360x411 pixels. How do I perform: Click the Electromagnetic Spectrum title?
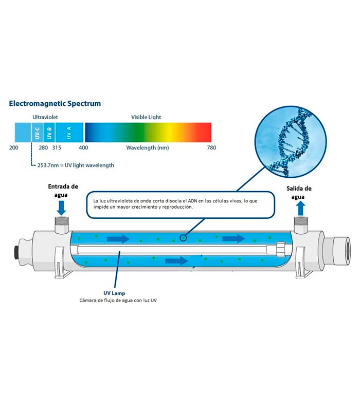pos(55,103)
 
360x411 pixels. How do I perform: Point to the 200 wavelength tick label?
pos(14,148)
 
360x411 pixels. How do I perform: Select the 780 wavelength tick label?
pos(211,148)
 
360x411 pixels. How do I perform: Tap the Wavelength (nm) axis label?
pos(147,148)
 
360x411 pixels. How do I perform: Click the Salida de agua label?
pos(299,192)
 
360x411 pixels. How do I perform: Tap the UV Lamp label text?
pos(114,293)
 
